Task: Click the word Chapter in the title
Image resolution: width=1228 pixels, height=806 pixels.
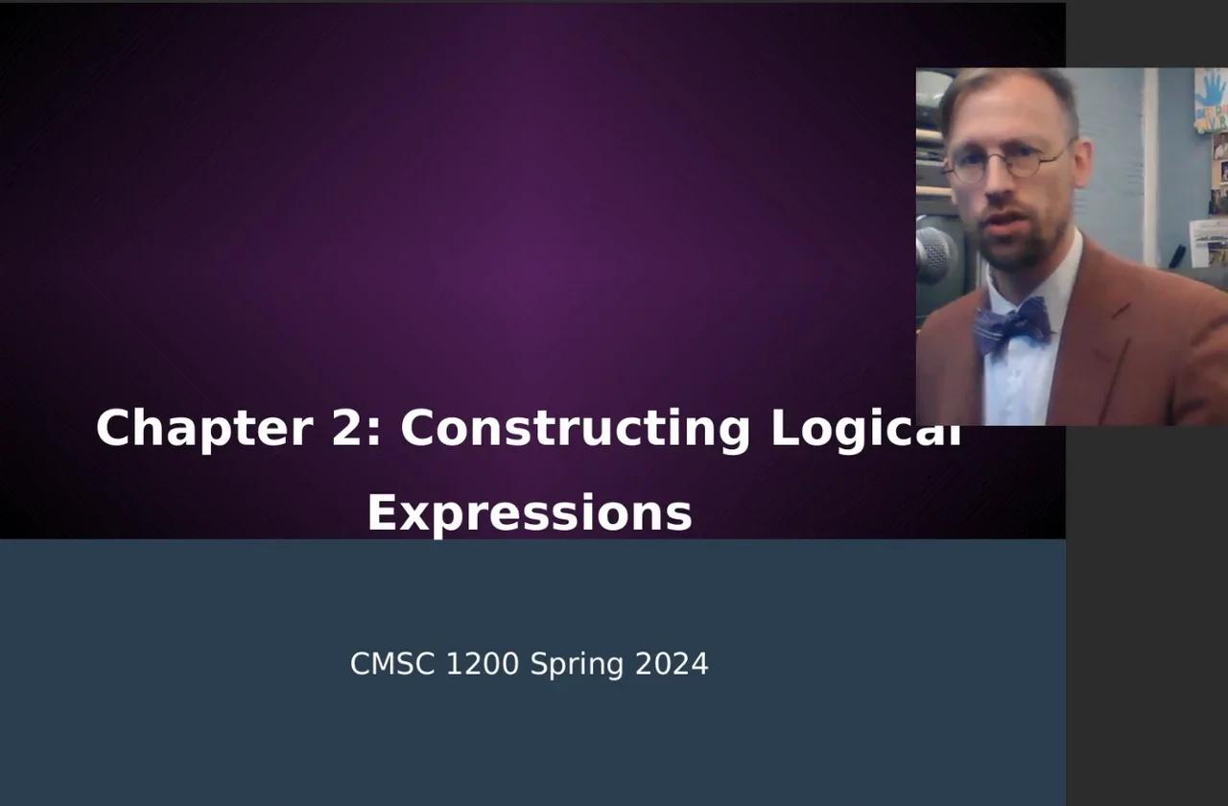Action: [204, 428]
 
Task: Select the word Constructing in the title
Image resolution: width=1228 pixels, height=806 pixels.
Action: [575, 428]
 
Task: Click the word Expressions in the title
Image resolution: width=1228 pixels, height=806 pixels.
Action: [530, 513]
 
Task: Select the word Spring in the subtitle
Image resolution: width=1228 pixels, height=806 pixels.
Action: [577, 664]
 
